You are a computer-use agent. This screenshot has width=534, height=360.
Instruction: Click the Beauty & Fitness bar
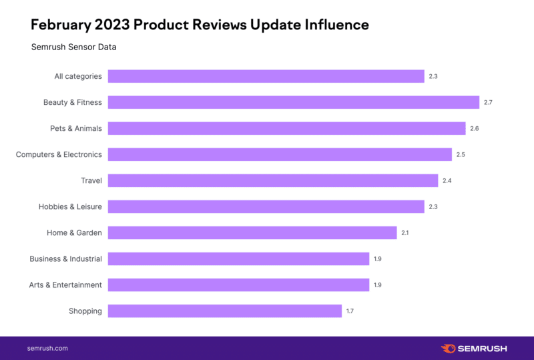294,102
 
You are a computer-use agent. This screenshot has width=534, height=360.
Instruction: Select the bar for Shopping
225,311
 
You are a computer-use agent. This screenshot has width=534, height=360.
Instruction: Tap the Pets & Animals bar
286,128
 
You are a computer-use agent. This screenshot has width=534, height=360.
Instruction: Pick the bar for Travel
273,180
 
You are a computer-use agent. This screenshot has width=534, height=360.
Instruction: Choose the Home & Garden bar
252,232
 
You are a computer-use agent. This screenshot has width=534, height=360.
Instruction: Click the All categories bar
266,76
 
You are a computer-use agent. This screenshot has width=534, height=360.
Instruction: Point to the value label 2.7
488,102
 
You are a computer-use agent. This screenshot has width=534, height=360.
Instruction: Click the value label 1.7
350,311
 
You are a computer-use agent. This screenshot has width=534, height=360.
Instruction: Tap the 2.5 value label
461,154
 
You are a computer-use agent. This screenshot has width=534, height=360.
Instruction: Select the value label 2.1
405,232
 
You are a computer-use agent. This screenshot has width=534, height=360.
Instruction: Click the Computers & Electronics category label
59,154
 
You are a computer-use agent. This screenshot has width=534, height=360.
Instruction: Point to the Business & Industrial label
65,258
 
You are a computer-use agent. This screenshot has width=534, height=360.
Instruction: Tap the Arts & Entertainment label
65,285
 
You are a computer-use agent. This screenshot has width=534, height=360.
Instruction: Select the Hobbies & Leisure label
70,206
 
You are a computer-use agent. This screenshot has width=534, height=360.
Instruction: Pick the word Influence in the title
336,25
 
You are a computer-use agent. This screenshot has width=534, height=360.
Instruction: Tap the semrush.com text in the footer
47,348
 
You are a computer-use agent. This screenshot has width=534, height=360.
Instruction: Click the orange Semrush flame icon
449,348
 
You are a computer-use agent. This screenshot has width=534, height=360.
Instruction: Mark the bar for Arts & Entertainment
238,285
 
